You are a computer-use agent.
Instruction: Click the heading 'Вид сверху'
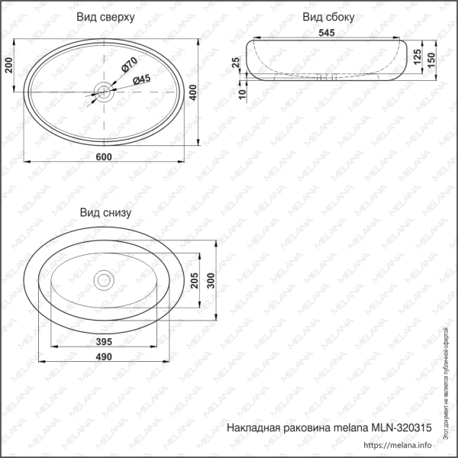coord(106,17)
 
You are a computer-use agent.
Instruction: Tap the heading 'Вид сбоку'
coord(328,17)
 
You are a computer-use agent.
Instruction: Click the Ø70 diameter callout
coord(128,66)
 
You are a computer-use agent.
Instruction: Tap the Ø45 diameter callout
coord(142,79)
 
